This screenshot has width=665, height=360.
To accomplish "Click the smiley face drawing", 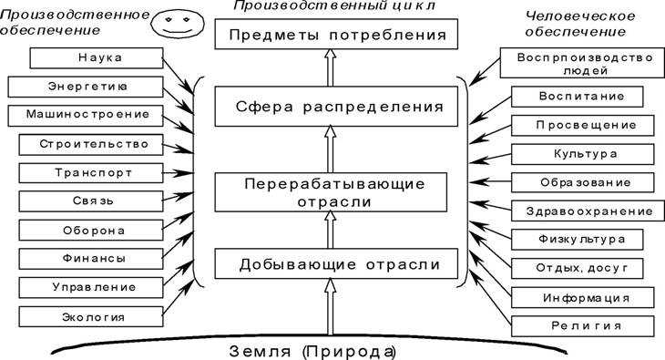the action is (x=178, y=24).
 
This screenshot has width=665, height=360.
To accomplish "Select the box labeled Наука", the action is (x=97, y=57).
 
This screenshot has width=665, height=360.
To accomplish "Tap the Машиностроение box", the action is (x=86, y=116).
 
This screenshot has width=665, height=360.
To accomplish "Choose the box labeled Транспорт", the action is (x=91, y=173).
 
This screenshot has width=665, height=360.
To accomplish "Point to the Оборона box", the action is (x=91, y=230).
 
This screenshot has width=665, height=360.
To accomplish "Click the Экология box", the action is (x=91, y=316).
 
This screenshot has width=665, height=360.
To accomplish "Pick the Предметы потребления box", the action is (x=336, y=34).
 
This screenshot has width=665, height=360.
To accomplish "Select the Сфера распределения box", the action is (x=336, y=106).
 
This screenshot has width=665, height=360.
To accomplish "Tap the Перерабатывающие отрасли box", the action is (x=331, y=192).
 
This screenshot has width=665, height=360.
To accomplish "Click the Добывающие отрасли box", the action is (x=336, y=263).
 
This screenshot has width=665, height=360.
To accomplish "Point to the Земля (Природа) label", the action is (x=313, y=352).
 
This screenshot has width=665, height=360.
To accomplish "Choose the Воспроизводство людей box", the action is (x=582, y=63).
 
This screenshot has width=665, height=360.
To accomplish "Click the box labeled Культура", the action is (x=583, y=154).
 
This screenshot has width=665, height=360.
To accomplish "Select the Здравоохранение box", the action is (x=588, y=211).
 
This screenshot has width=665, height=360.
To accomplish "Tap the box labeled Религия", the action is (x=583, y=326).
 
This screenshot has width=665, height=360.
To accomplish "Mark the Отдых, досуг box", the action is (x=578, y=268).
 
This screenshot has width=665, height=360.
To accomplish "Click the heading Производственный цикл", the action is (x=334, y=5).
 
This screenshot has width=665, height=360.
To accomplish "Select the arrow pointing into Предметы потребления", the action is (x=330, y=67).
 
